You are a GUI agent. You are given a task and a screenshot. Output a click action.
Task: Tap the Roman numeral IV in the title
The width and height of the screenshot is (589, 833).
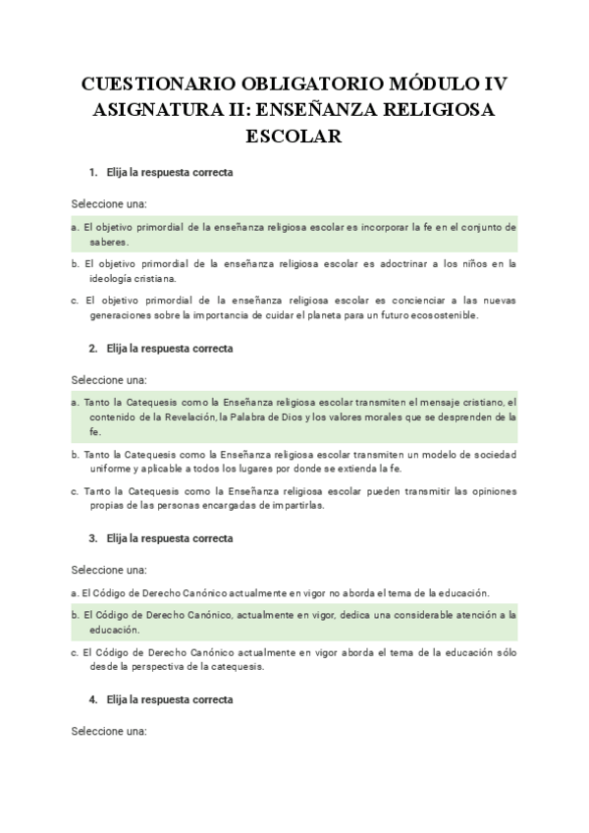488,83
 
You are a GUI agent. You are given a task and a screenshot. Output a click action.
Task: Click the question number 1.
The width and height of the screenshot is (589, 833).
92,173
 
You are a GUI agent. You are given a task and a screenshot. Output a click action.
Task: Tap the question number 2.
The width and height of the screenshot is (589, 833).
92,348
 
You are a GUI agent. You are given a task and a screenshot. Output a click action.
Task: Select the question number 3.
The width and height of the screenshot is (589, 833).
92,538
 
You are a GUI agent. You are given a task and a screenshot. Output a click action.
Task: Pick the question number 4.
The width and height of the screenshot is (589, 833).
92,699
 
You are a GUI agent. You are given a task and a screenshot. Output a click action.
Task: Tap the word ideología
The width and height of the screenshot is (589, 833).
116,278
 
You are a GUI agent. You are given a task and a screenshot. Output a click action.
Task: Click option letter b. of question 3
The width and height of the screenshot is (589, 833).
76,615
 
